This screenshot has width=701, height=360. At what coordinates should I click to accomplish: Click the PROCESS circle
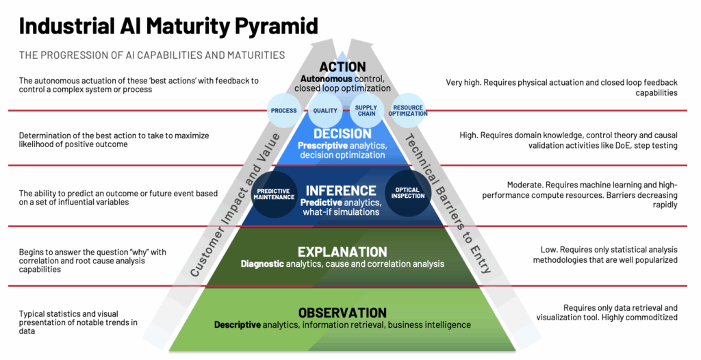[283, 110]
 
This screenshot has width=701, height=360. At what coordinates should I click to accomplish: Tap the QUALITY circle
[325, 110]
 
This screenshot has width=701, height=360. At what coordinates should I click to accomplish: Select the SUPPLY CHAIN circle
[366, 110]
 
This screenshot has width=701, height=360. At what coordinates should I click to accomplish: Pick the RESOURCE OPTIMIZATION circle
[408, 110]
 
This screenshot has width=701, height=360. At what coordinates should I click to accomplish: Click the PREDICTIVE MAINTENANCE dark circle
[272, 194]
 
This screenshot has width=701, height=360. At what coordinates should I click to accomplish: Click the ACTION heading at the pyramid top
[342, 67]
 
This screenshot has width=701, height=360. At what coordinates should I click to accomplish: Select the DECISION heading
[342, 133]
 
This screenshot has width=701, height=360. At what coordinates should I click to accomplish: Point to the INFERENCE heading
[341, 190]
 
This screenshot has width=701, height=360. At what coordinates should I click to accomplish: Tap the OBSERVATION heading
[342, 313]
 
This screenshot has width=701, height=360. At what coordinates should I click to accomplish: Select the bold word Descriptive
[238, 324]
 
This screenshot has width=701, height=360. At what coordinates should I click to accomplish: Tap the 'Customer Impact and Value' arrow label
[236, 205]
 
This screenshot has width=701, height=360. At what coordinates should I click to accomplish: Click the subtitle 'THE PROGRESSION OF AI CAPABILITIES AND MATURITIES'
[152, 55]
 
